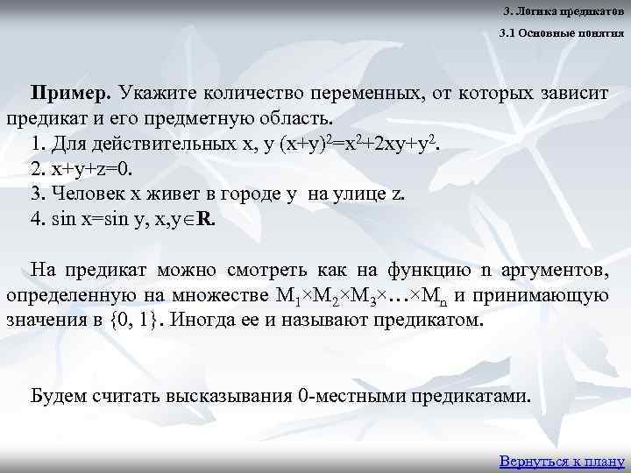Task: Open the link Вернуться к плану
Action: click(x=561, y=460)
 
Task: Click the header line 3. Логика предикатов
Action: click(x=564, y=11)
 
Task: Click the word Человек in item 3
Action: click(x=89, y=194)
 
